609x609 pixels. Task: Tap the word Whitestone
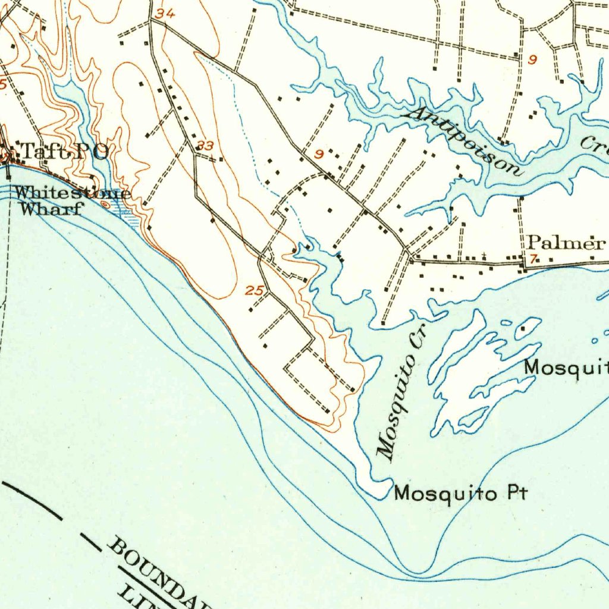[x=72, y=193]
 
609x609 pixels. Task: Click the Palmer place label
[x=566, y=243]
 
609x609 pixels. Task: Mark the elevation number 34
[x=165, y=13]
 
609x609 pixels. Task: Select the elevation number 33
[x=205, y=145]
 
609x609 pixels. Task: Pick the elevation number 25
[x=254, y=291]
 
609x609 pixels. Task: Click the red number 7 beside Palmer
[x=533, y=258]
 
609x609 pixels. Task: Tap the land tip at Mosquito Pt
[x=384, y=491]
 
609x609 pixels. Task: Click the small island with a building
[x=527, y=328]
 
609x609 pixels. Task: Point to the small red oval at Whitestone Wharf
[x=106, y=205]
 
